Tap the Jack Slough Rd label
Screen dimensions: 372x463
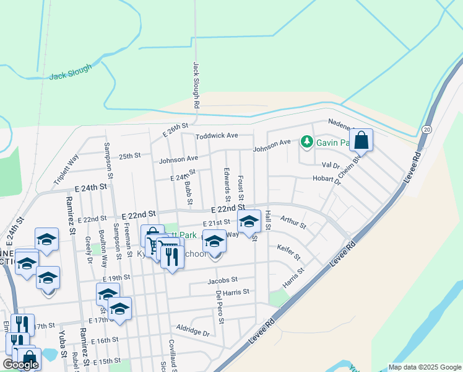(x=196, y=85)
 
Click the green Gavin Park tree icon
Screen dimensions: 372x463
(x=306, y=143)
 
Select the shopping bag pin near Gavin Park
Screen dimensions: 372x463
(x=361, y=141)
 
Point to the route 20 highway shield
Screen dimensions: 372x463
(x=426, y=129)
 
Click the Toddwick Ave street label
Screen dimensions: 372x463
(x=216, y=136)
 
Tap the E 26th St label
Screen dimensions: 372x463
(x=175, y=130)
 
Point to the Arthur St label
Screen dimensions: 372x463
(x=293, y=221)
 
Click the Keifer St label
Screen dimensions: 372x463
(x=288, y=252)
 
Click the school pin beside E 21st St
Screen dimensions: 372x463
(x=249, y=221)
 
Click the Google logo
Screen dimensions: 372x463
(x=20, y=365)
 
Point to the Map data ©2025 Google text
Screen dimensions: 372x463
(x=424, y=367)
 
